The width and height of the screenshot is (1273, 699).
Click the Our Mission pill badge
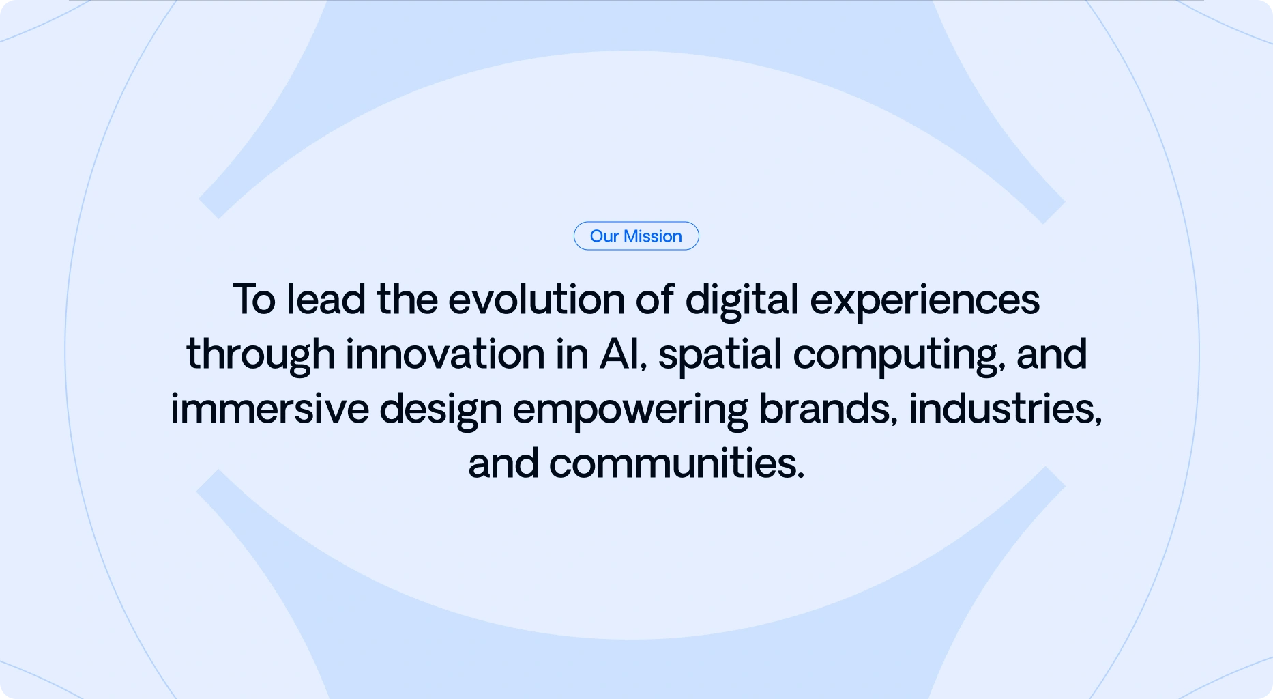[636, 236]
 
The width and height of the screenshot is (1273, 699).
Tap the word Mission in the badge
[653, 236]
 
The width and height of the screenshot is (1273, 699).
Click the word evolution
[536, 300]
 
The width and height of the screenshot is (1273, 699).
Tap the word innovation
[445, 354]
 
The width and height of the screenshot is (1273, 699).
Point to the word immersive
[269, 409]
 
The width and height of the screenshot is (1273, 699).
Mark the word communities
[677, 463]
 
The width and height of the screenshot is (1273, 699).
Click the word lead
[326, 300]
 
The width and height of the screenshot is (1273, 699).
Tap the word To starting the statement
[254, 300]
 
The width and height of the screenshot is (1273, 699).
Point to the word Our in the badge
[604, 236]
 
